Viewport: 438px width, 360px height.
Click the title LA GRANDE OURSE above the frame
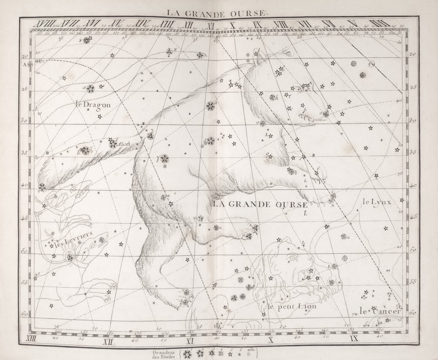[217, 13]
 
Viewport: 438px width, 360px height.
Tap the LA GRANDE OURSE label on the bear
[261, 204]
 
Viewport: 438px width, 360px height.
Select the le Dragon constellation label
[93, 104]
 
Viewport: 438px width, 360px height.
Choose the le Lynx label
[376, 201]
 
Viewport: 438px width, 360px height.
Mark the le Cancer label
[380, 311]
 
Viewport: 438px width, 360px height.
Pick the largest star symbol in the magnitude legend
[188, 353]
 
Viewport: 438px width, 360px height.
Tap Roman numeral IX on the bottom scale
[353, 338]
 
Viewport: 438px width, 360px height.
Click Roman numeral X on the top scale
[233, 23]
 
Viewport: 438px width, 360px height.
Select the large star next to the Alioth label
[113, 143]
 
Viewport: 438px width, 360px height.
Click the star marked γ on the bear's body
[165, 159]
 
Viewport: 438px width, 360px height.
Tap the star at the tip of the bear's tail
[42, 186]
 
